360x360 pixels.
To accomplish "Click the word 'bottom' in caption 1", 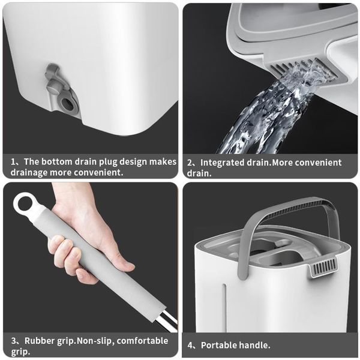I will pos(59,161).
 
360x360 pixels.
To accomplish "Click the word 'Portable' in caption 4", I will pos(220,345).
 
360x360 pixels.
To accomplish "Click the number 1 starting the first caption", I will pos(13,161).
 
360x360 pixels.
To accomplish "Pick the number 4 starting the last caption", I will pos(190,345).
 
